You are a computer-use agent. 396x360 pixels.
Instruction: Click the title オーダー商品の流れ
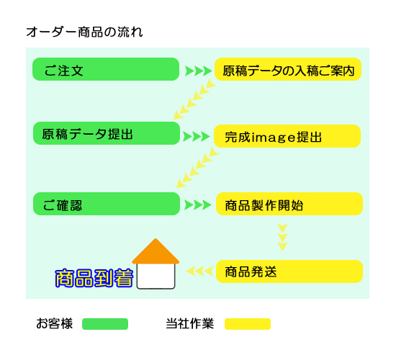pyautogui.click(x=85, y=32)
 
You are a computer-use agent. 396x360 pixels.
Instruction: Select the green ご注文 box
pyautogui.click(x=106, y=69)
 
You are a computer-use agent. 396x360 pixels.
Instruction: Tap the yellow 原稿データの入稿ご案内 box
pyautogui.click(x=288, y=69)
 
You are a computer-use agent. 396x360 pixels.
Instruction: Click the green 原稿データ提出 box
pyautogui.click(x=107, y=133)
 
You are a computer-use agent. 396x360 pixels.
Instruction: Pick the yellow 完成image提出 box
pyautogui.click(x=287, y=136)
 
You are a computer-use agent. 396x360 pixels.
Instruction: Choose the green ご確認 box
pyautogui.click(x=107, y=204)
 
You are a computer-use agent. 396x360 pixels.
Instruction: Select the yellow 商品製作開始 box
pyautogui.click(x=289, y=204)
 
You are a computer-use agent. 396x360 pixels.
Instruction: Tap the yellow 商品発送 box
pyautogui.click(x=289, y=271)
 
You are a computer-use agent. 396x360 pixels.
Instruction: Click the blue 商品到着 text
pyautogui.click(x=94, y=278)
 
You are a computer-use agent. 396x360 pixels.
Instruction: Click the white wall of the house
pyautogui.click(x=156, y=276)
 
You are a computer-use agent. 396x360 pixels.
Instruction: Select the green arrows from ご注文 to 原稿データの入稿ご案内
pyautogui.click(x=198, y=71)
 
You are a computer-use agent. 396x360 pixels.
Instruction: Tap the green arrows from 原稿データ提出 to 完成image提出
pyautogui.click(x=197, y=136)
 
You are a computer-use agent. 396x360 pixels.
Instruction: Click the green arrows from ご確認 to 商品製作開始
pyautogui.click(x=198, y=205)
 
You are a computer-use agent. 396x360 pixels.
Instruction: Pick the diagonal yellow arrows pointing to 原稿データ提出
pyautogui.click(x=194, y=99)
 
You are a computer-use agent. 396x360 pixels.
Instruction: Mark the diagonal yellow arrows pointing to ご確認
pyautogui.click(x=197, y=168)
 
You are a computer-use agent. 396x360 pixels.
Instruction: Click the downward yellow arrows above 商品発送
pyautogui.click(x=283, y=237)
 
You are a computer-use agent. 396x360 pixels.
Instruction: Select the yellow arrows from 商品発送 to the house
pyautogui.click(x=199, y=271)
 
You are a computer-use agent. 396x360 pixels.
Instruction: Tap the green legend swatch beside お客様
pyautogui.click(x=105, y=324)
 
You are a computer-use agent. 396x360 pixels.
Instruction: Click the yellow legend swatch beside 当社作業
pyautogui.click(x=248, y=324)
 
